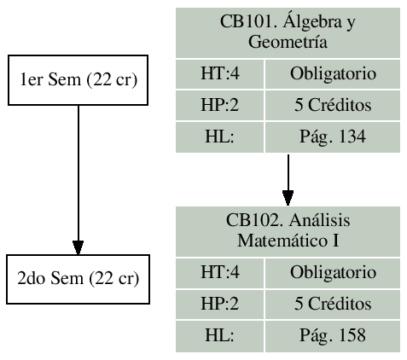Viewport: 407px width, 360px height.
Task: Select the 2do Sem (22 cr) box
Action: pyautogui.click(x=78, y=279)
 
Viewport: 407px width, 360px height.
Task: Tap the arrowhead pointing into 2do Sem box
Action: pyautogui.click(x=78, y=247)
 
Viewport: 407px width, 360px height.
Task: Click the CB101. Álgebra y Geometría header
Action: pyautogui.click(x=288, y=32)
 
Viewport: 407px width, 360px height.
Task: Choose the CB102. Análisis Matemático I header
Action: pyautogui.click(x=288, y=230)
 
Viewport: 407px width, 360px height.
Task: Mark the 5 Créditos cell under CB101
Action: pyautogui.click(x=333, y=107)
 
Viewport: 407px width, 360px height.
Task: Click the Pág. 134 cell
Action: pyautogui.click(x=333, y=136)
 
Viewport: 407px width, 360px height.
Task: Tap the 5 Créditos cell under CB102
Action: pyautogui.click(x=333, y=305)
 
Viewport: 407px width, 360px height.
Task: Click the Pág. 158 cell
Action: pyautogui.click(x=333, y=334)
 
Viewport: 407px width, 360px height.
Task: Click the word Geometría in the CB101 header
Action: pyautogui.click(x=288, y=41)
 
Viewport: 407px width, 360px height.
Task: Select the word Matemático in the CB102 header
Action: pyautogui.click(x=282, y=240)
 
